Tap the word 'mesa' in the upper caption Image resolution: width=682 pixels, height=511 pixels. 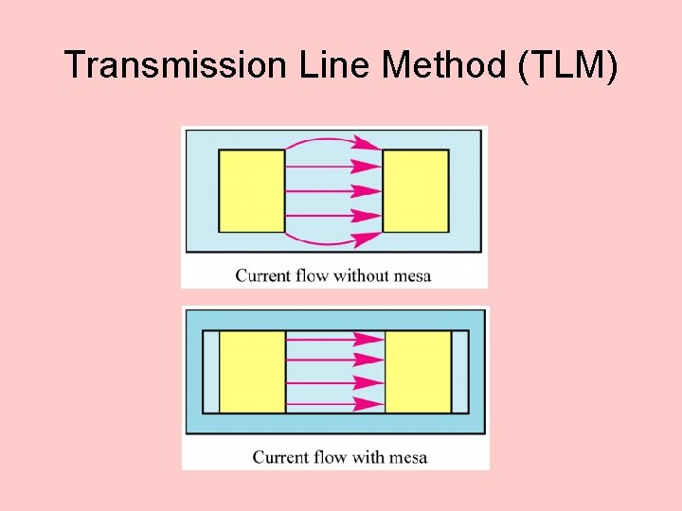[x=411, y=275]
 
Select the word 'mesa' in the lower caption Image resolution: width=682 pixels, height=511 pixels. [x=407, y=457]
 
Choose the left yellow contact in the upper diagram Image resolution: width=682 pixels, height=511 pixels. [x=252, y=190]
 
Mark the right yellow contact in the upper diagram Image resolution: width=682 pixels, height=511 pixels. [x=416, y=190]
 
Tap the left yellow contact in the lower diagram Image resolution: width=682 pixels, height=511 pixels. [x=252, y=371]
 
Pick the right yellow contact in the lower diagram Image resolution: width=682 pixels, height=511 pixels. [x=418, y=371]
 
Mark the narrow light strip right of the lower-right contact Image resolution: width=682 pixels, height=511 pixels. [x=459, y=371]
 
